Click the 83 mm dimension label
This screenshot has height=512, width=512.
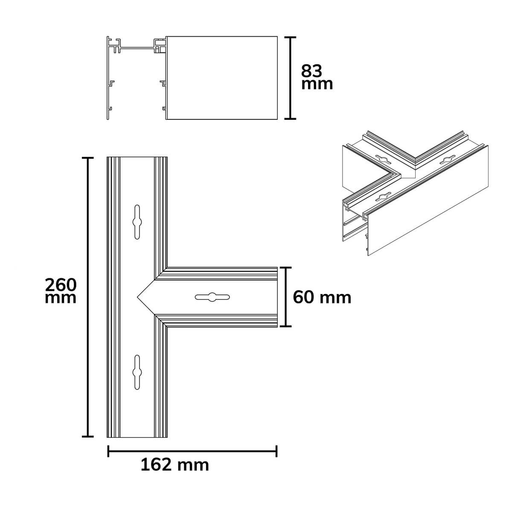[317, 77]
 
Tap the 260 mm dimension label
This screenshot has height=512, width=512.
[61, 291]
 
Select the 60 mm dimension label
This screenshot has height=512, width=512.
[322, 297]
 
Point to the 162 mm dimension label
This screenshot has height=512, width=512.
[175, 465]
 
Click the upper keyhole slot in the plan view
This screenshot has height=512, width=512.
[137, 222]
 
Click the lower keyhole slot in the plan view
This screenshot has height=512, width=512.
[137, 372]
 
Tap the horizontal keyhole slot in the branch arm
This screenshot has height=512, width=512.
[212, 297]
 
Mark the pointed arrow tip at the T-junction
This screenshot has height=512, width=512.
[137, 297]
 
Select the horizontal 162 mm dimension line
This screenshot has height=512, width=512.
[192, 451]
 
